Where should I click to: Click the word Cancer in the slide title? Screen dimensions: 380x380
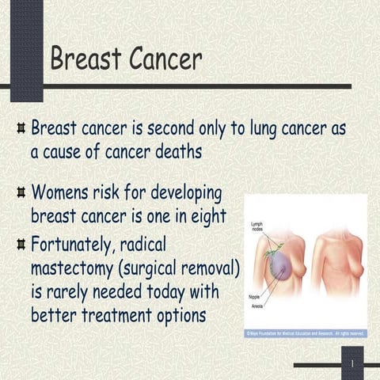[162, 58]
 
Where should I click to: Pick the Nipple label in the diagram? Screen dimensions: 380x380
[255, 296]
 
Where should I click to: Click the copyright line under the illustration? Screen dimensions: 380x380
[306, 334]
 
